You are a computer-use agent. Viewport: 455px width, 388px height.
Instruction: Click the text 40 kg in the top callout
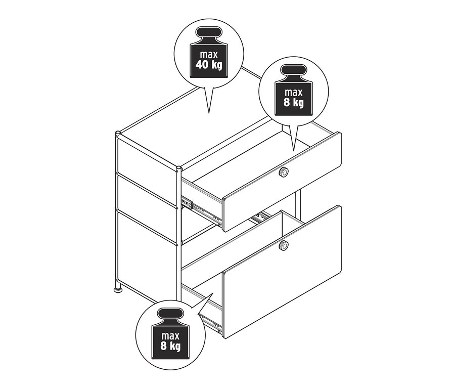click(x=209, y=65)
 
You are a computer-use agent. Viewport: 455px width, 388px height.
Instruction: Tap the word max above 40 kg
click(x=209, y=55)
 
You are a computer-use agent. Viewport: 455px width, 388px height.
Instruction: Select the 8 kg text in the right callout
click(x=293, y=103)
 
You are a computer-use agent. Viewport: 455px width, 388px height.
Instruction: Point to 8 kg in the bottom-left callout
click(x=171, y=347)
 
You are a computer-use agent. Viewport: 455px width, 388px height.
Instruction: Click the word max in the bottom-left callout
click(x=171, y=336)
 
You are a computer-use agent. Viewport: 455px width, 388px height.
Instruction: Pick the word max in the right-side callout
click(x=293, y=92)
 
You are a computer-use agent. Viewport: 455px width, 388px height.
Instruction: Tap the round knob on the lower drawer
click(x=284, y=246)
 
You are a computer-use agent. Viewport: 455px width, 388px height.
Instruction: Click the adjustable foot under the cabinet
click(x=118, y=290)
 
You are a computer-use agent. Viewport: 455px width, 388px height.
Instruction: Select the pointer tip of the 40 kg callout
click(x=208, y=112)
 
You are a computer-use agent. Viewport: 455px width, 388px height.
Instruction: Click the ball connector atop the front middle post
click(x=179, y=167)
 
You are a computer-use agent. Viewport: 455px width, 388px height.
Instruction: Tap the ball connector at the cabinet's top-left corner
click(x=118, y=134)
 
